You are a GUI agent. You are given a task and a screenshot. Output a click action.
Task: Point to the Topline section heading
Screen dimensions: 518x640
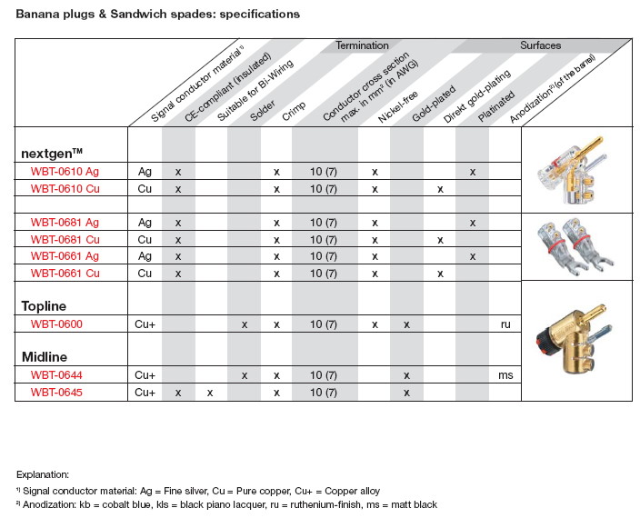(x=44, y=306)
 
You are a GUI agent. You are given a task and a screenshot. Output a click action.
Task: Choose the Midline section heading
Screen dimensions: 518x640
(x=44, y=357)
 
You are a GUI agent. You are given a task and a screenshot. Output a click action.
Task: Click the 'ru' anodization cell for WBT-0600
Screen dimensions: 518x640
(x=505, y=324)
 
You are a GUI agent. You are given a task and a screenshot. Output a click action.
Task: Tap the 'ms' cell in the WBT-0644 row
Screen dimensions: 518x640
(x=505, y=374)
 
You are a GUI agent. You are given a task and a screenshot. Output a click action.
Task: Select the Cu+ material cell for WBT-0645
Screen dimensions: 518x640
(x=145, y=392)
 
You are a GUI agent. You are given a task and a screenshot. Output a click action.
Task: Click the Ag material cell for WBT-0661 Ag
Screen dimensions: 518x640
(x=145, y=256)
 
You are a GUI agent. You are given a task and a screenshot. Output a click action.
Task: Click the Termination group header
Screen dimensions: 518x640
(x=362, y=45)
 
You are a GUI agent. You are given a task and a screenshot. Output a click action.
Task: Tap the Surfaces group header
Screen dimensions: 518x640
(x=540, y=45)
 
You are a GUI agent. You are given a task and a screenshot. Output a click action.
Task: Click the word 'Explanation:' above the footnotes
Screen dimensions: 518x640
(x=42, y=473)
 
